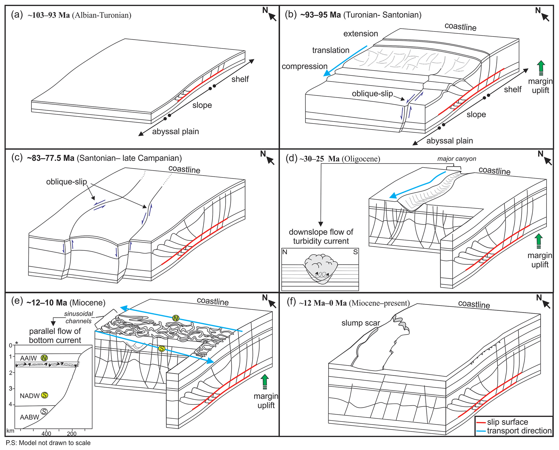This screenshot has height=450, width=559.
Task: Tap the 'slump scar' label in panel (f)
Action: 360,323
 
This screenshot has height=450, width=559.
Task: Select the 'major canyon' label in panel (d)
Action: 457,159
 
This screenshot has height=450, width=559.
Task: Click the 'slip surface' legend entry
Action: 507,422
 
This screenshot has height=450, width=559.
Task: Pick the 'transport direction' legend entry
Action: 519,431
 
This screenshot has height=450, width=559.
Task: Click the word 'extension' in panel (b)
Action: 360,34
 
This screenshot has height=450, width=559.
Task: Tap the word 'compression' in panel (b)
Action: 305,66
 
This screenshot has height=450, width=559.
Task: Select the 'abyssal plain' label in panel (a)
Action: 176,132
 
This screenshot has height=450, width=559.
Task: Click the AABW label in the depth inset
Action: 29,417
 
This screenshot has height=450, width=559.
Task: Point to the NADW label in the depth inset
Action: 30,396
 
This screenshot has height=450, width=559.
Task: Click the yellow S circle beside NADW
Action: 45,395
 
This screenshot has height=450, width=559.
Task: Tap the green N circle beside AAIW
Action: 44,358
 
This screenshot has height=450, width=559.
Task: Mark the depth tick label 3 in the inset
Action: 11,389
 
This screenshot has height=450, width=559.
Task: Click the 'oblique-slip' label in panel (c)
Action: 67,182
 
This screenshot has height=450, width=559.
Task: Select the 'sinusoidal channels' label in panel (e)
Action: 78,318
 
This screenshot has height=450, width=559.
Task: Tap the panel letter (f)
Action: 291,302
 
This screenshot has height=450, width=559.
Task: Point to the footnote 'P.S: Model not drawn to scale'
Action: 48,443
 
